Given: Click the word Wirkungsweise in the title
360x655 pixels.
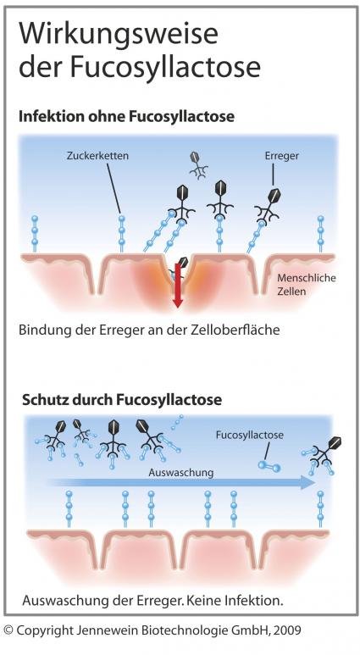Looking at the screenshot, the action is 119,34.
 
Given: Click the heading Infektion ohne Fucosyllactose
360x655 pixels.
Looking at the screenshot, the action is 126,117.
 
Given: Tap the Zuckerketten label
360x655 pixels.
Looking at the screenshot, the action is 97,156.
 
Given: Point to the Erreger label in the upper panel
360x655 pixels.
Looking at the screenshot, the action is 282,156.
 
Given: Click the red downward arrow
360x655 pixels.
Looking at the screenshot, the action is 178,287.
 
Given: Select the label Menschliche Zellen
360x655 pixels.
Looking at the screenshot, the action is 307,284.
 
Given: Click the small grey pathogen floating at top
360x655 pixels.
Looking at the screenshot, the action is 198,165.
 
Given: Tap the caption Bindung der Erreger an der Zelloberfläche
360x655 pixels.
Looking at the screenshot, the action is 149,330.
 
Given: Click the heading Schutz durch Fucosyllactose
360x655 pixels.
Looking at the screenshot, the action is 121,400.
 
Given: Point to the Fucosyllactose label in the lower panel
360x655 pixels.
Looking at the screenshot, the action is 250,435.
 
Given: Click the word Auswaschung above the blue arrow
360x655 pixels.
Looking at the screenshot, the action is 181,473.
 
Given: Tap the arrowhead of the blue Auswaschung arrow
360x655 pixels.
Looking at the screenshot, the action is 308,482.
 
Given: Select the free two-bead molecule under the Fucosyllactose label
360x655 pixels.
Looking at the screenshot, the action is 269,465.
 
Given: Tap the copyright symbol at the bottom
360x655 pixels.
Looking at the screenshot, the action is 8,630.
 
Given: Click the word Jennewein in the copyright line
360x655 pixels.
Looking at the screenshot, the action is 100,630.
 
